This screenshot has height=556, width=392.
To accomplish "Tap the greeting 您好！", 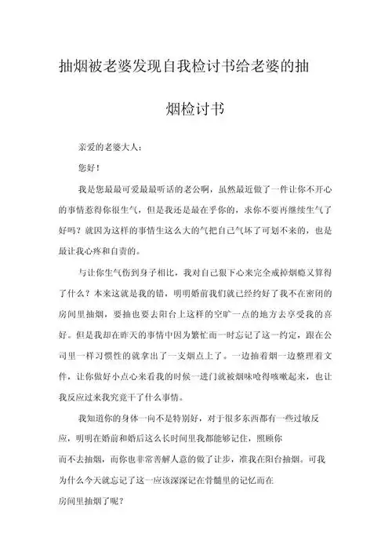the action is (x=89, y=168).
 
